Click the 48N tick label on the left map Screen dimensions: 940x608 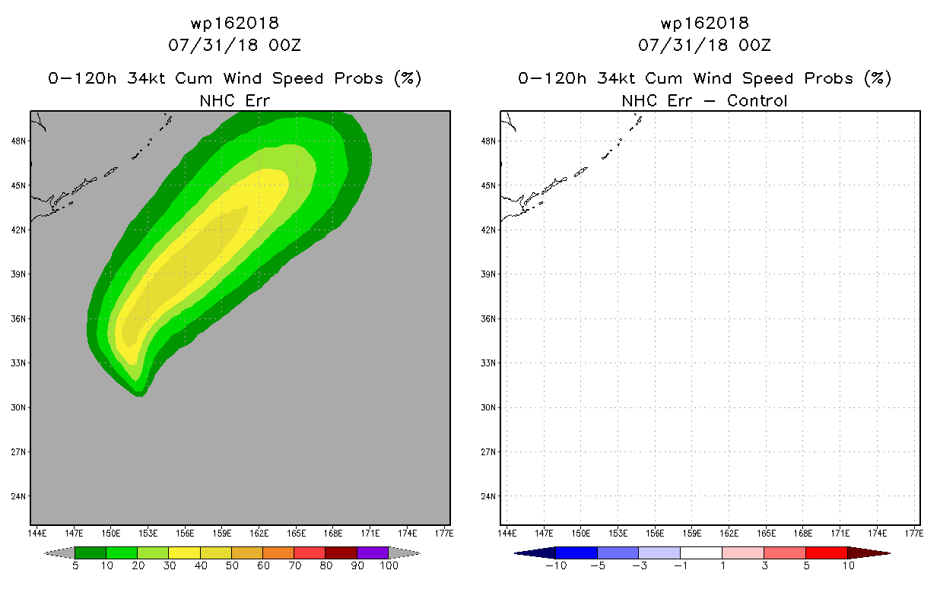(18, 141)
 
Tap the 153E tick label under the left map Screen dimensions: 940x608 (148, 534)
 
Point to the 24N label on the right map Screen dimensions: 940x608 (488, 496)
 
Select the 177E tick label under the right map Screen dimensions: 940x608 (914, 534)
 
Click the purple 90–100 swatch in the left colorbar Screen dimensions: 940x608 (373, 553)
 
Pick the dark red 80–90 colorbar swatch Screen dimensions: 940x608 (341, 553)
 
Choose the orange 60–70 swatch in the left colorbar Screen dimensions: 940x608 (278, 553)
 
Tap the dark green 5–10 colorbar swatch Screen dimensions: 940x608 (91, 553)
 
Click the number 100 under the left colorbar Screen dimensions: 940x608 (389, 565)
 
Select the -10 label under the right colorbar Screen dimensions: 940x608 (556, 565)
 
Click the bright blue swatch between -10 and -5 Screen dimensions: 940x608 (576, 553)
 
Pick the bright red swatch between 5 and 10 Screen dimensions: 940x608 (827, 553)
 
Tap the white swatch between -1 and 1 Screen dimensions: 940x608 (701, 553)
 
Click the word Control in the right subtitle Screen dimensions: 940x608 (757, 100)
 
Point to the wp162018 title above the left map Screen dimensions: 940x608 (235, 23)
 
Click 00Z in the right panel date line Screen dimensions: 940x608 (755, 45)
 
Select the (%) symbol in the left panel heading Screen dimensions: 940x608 (408, 78)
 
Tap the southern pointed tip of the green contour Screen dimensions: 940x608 (140, 395)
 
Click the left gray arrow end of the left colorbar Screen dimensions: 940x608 (59, 553)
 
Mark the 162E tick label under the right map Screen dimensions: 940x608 (729, 534)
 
